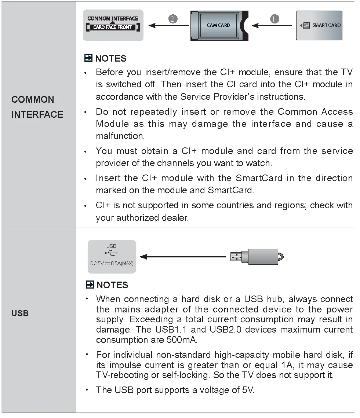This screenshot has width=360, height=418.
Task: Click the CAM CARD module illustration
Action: (x=218, y=25)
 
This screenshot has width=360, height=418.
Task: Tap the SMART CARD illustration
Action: (x=319, y=25)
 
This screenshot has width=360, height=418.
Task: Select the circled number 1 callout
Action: (x=274, y=19)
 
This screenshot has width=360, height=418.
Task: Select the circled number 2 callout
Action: (x=173, y=19)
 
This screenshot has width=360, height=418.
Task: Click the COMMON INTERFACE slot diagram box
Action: (x=113, y=25)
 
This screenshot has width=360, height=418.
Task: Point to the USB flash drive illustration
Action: (x=257, y=257)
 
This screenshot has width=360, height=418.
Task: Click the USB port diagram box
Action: (x=112, y=257)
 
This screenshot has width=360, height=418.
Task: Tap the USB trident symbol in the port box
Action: (x=111, y=253)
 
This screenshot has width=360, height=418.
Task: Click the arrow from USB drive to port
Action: (x=183, y=257)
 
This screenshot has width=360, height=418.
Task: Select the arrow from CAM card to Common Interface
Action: (x=169, y=26)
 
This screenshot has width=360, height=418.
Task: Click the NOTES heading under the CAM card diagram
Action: (x=110, y=58)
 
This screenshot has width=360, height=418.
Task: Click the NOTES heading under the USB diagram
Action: (x=112, y=285)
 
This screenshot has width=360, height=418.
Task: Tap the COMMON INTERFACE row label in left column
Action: (x=37, y=107)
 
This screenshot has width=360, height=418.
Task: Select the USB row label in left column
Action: (x=20, y=313)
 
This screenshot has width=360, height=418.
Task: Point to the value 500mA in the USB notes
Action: (x=182, y=340)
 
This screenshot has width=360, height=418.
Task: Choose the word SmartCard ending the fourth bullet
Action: (x=231, y=190)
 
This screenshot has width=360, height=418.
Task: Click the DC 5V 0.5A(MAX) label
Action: (x=112, y=263)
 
